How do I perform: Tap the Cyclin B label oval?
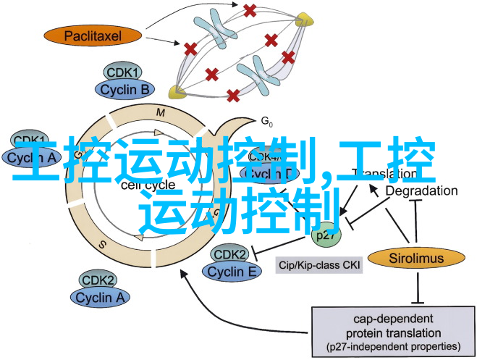pos(125,89)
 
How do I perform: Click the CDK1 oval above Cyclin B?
pos(124,72)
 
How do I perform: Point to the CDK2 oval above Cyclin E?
pos(230,255)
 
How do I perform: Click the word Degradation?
pos(421,191)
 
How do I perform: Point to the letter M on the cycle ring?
pos(161,112)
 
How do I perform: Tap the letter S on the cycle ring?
pos(102,245)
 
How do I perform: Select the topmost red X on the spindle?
pos(250,10)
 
